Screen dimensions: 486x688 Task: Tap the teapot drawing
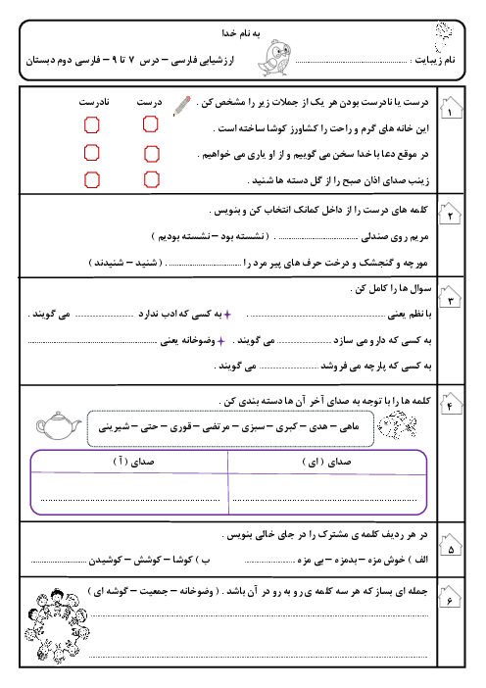(58, 423)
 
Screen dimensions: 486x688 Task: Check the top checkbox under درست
(150, 124)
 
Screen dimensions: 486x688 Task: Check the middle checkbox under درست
(150, 152)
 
